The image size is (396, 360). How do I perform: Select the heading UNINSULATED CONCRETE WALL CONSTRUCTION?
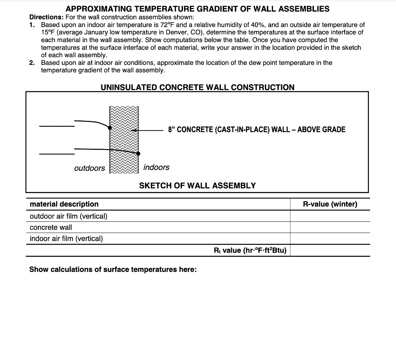[x=197, y=87]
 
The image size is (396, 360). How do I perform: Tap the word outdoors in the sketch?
[x=89, y=168]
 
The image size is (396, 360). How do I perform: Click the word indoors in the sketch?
[x=156, y=167]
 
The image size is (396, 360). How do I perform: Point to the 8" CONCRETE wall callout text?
[x=256, y=129]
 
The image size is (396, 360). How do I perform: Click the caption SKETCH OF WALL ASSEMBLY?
[x=197, y=185]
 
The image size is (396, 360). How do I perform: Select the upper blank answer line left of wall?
[x=56, y=126]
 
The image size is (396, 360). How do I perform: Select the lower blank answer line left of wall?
[x=56, y=154]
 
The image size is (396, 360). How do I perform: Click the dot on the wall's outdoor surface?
[x=110, y=127]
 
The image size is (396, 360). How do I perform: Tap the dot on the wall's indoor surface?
[x=138, y=153]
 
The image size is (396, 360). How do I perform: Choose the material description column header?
[x=64, y=204]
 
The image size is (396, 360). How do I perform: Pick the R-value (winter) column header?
[x=330, y=204]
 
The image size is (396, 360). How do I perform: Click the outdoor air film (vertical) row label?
[x=68, y=216]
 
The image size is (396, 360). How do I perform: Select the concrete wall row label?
[x=51, y=227]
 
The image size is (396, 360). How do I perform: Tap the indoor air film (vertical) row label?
[x=66, y=238]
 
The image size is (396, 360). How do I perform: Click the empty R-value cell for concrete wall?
[x=330, y=227]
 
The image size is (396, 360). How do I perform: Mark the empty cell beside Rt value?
[x=330, y=250]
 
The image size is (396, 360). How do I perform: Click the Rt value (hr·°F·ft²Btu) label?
[x=250, y=250]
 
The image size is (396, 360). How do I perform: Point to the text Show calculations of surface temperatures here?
[x=113, y=269]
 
